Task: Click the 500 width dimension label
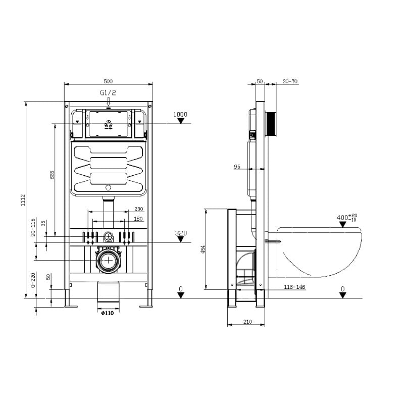pos(108,81)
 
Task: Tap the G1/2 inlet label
pos(108,93)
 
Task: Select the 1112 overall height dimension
pos(23,200)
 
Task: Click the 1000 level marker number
pos(180,115)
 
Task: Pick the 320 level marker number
pos(180,233)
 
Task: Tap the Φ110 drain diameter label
pos(108,313)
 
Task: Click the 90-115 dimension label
pos(33,228)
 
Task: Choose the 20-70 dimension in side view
pos(290,81)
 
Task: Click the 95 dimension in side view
pos(237,167)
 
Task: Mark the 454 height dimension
pos(203,249)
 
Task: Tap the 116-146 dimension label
pos(294,287)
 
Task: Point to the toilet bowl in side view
pos(321,250)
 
